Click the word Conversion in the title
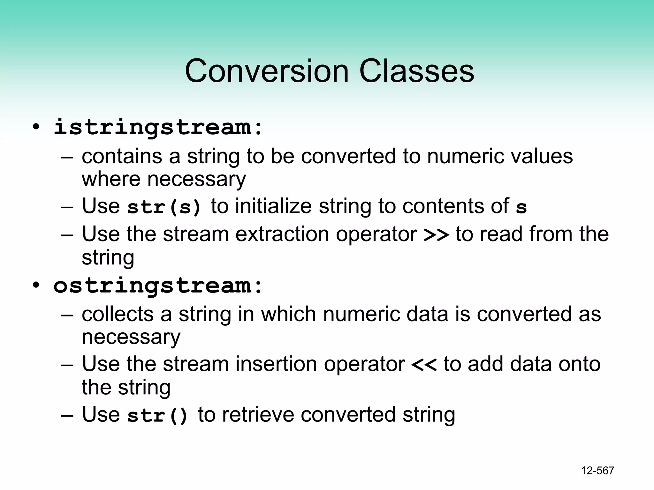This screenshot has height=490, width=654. click(267, 71)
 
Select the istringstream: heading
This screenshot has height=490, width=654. click(158, 127)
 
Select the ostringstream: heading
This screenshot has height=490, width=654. click(158, 285)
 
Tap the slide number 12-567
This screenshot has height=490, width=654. click(597, 471)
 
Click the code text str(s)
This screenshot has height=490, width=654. click(164, 207)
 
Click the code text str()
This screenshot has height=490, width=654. click(157, 415)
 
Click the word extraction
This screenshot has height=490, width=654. click(282, 234)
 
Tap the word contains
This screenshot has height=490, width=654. click(122, 157)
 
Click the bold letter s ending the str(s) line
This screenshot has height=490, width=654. click(521, 208)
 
